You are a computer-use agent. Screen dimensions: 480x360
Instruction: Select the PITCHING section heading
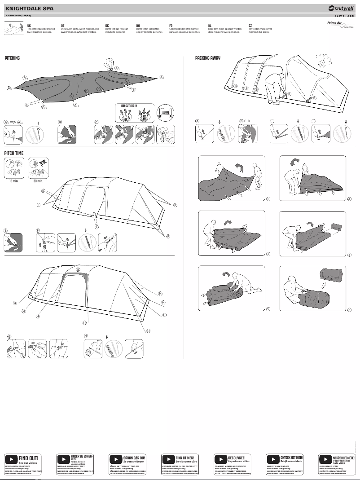(x=12, y=58)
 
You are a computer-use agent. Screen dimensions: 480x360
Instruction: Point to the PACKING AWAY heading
(x=207, y=58)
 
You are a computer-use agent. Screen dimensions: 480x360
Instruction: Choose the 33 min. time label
(x=39, y=181)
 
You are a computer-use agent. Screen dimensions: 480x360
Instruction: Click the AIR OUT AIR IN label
(x=129, y=106)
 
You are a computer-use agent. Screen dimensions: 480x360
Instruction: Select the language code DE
(x=63, y=26)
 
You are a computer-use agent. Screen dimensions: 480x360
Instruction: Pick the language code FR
(x=171, y=26)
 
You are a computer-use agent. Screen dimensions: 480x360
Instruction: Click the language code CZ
(x=250, y=26)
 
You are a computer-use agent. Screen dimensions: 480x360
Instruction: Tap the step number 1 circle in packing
(x=268, y=198)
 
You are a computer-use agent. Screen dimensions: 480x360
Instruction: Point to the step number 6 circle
(x=349, y=310)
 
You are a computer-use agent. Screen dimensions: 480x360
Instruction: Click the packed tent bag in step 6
(x=331, y=275)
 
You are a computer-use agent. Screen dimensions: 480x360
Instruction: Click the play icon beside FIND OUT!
(x=11, y=459)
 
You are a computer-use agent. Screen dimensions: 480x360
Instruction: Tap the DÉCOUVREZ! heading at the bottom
(x=237, y=457)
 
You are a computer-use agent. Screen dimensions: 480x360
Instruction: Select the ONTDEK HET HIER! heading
(x=291, y=457)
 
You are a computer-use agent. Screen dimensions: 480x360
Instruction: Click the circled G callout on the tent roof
(x=78, y=270)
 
